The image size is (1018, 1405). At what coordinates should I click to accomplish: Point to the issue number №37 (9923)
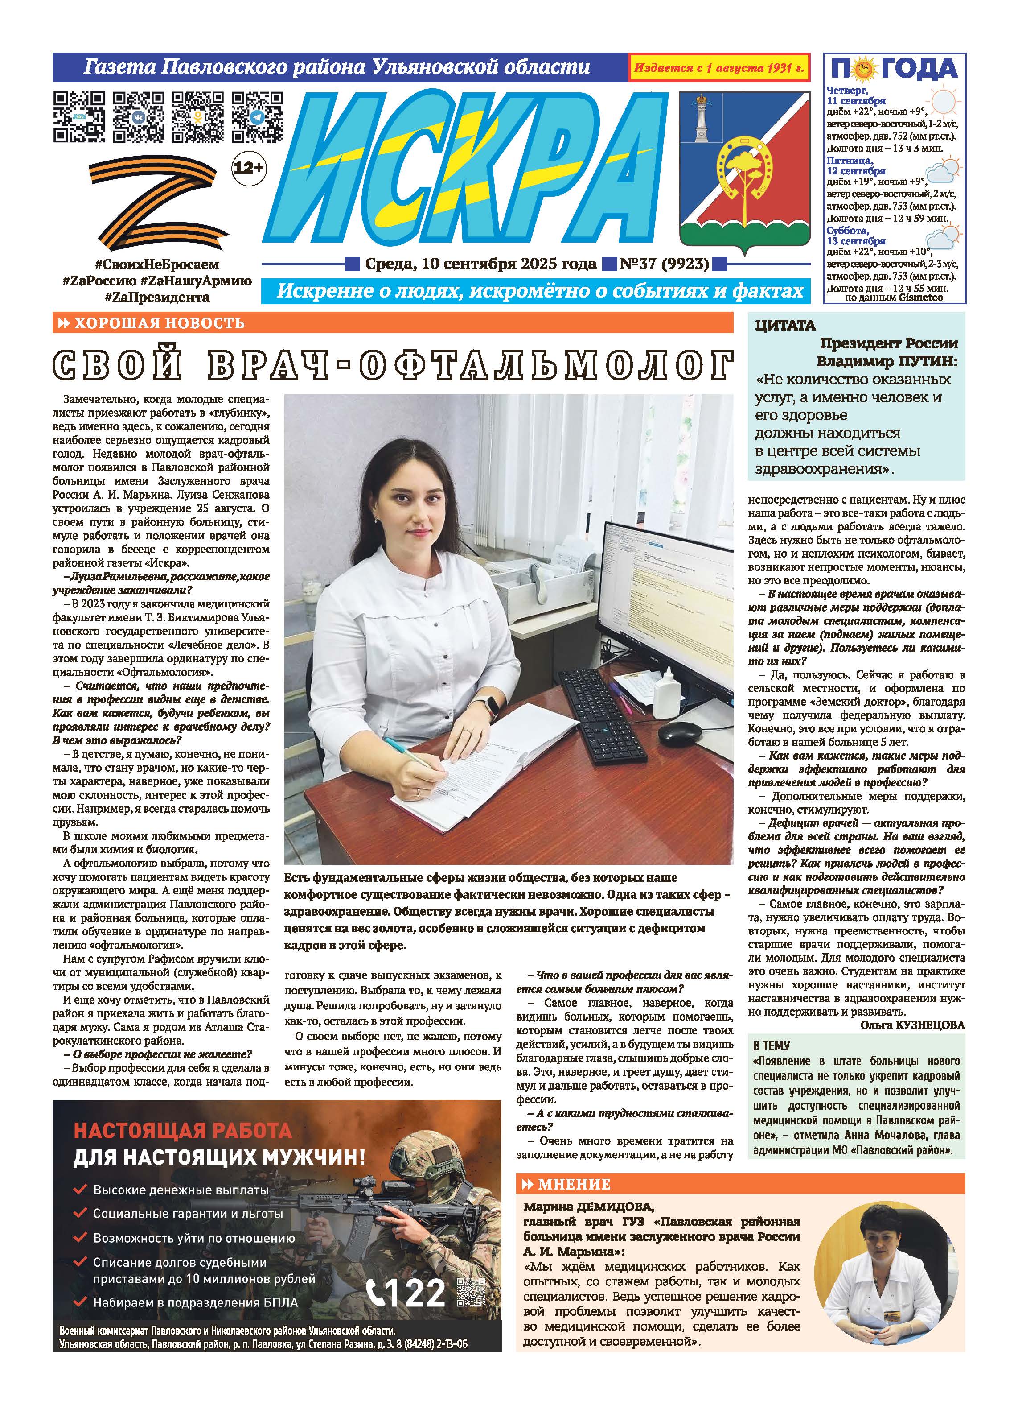(x=665, y=264)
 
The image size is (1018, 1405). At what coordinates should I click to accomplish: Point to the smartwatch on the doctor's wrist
(x=490, y=707)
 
